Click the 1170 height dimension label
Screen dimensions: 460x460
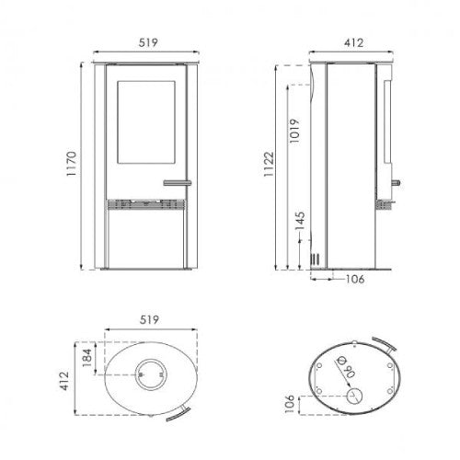click(x=71, y=164)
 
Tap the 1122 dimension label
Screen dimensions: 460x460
click(x=269, y=164)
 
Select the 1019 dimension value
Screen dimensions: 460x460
click(x=294, y=131)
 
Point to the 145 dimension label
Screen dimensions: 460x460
click(x=300, y=221)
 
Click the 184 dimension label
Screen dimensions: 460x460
click(x=87, y=358)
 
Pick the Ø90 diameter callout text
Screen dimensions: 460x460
click(x=346, y=367)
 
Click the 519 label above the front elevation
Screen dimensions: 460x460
click(x=148, y=42)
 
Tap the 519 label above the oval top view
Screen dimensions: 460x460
click(x=149, y=320)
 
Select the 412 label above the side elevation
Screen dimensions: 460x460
click(x=353, y=43)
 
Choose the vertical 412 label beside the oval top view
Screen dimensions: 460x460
click(x=64, y=381)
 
